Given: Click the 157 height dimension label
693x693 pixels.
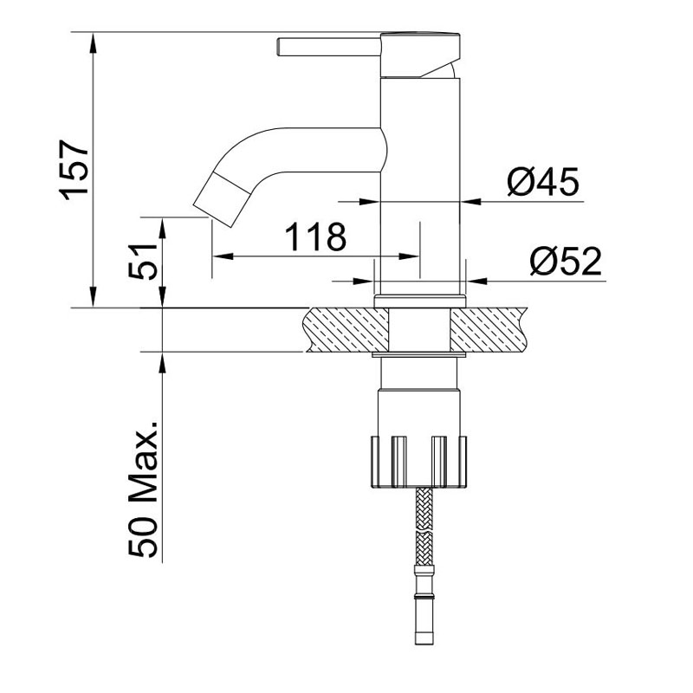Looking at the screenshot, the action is coord(74,170).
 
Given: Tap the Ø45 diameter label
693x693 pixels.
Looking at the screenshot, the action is coord(543,182).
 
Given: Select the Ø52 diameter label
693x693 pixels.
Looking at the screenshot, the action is coord(567,261).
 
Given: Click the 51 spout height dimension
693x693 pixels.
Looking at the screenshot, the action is coord(143,262).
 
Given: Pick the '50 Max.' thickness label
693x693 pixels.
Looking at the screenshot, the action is coord(143,489).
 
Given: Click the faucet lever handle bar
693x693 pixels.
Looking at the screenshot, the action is coord(329,47).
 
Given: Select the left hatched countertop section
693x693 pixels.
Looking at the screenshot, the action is coord(346,330).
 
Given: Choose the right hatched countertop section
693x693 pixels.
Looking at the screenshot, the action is coord(489,330).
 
